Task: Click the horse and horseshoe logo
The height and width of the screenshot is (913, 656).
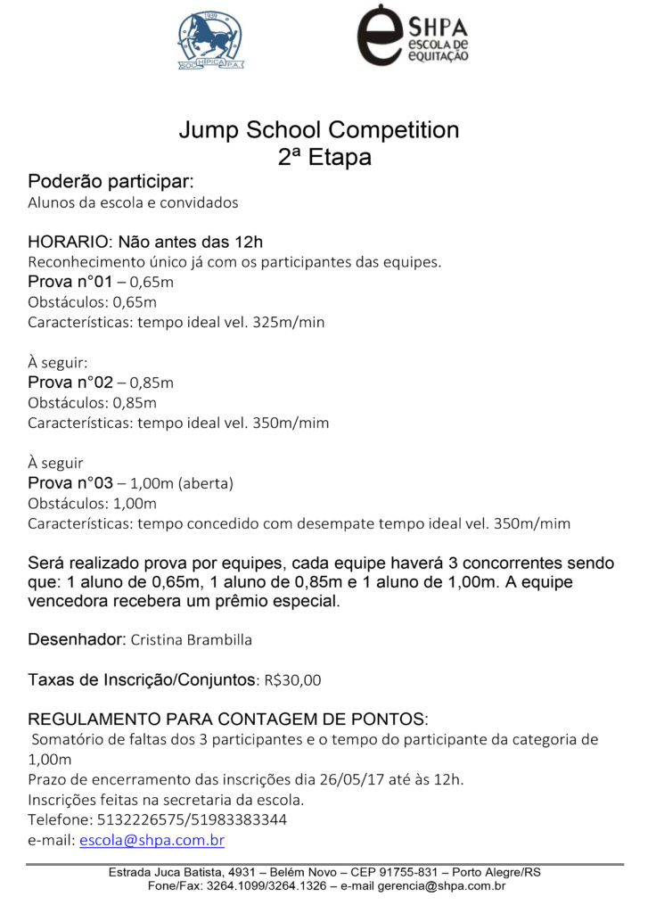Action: point(210,39)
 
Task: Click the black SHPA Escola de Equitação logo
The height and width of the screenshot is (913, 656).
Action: point(412,36)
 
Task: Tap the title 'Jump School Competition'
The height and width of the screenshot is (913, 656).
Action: point(319,130)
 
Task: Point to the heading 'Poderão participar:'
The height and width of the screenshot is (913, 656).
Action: point(111,182)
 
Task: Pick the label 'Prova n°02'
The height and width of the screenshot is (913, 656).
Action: point(70,382)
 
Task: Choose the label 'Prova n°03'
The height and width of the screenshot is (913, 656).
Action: point(70,483)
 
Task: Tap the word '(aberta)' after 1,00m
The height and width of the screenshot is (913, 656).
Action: point(205,484)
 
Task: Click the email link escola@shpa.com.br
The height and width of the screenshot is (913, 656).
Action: point(152,841)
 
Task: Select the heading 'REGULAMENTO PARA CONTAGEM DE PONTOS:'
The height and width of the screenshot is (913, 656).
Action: point(228,720)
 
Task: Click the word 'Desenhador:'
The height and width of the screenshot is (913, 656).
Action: point(77,639)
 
